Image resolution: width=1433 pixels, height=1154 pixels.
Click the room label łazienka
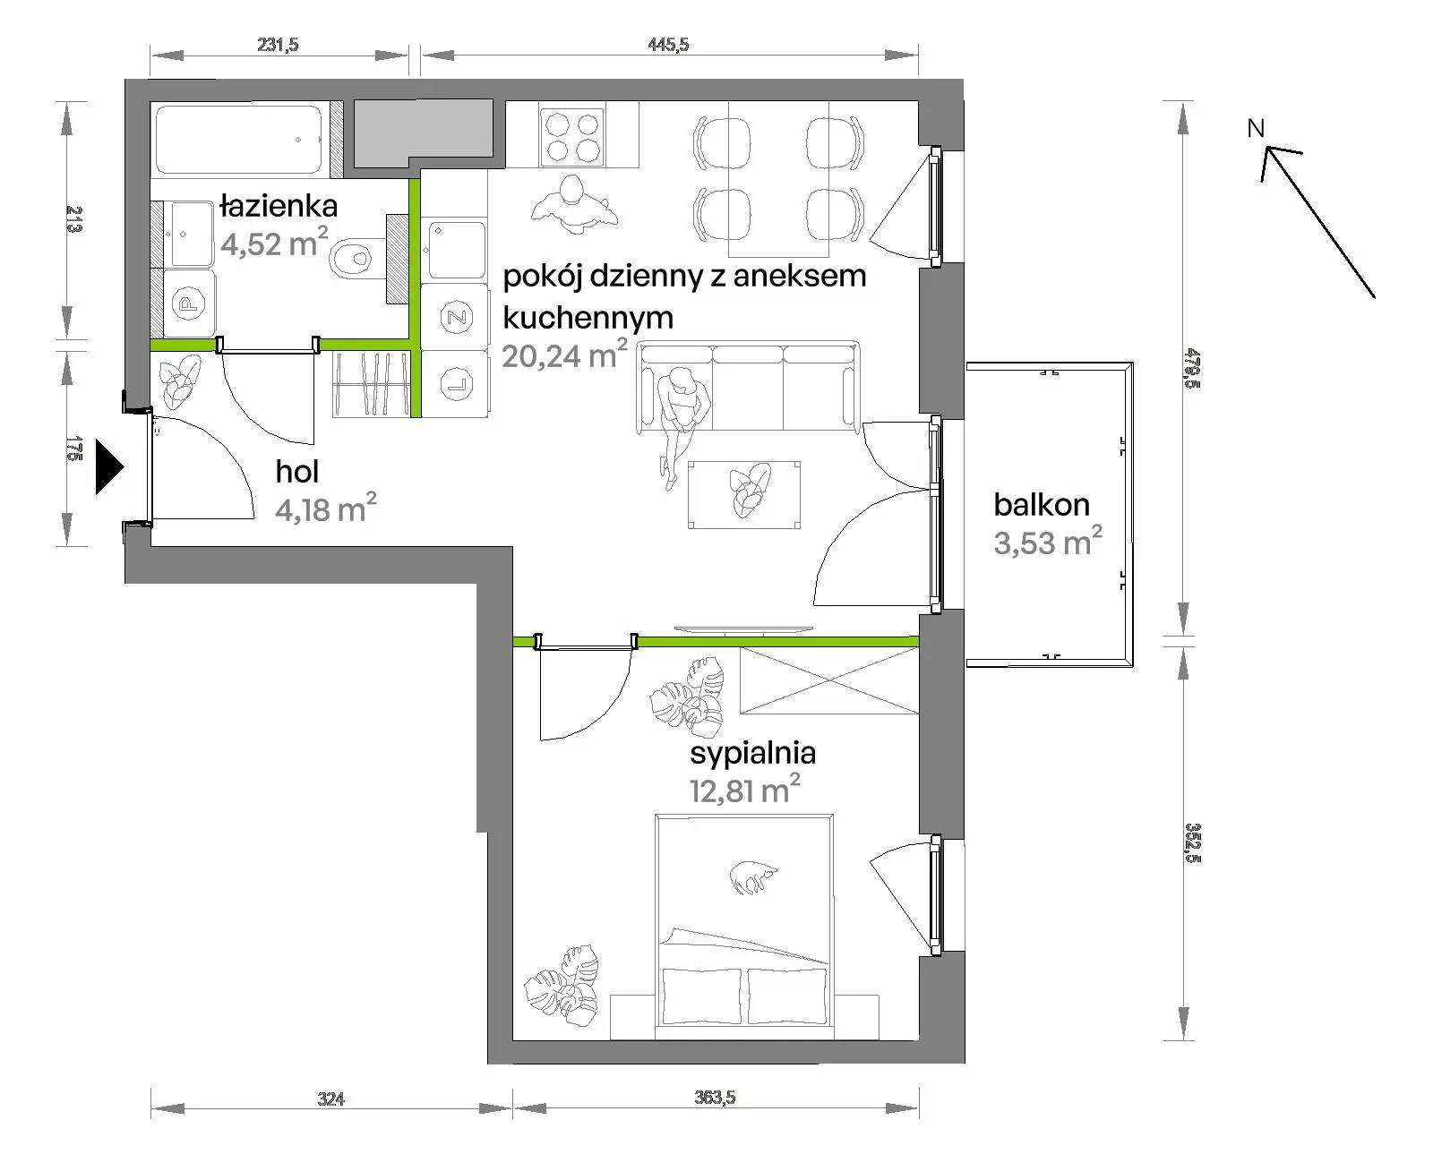pos(279,206)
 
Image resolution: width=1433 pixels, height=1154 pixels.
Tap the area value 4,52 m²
pos(274,243)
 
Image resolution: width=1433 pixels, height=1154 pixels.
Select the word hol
pos(297,472)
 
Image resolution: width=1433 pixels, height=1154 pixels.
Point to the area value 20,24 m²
pos(564,355)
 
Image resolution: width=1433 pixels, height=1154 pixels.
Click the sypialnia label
pos(752,753)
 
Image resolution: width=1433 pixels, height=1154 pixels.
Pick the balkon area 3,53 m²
pos(1048,542)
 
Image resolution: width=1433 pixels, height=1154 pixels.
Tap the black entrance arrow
pos(109,466)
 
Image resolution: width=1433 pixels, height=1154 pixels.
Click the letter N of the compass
pos(1255,128)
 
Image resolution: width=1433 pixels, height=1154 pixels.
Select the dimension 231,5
pos(278,45)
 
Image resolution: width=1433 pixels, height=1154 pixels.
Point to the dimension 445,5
pos(668,45)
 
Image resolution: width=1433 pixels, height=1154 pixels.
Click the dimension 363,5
pos(715,1097)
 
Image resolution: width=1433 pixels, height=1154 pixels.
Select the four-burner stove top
pos(572,138)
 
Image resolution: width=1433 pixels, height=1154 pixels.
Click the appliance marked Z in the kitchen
pos(456,317)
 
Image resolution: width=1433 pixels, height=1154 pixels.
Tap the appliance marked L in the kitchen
pos(456,383)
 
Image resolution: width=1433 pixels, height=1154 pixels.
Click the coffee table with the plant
pos(743,495)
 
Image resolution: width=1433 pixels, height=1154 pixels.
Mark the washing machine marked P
pos(189,303)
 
